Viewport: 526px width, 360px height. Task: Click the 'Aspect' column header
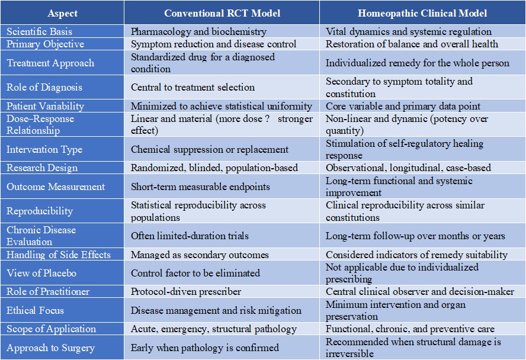tap(62, 13)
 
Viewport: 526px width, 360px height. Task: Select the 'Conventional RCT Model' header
tap(222, 13)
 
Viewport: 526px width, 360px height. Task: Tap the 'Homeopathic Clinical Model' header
tap(422, 13)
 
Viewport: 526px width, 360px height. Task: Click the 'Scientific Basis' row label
tap(39, 31)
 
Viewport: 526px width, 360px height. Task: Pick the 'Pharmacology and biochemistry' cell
tap(198, 31)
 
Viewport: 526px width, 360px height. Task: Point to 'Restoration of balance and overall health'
tap(412, 44)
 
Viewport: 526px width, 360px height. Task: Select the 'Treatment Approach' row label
tap(50, 63)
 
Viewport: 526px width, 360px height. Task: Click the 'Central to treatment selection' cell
tap(193, 87)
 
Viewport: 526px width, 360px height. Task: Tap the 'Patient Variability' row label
tap(45, 106)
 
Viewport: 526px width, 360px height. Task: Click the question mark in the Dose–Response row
tap(267, 118)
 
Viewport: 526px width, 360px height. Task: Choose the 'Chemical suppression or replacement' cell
tap(209, 149)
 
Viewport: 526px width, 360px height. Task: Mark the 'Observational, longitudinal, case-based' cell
tap(408, 168)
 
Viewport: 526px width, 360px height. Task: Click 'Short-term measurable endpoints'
tap(200, 187)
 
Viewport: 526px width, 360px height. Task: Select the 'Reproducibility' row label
tap(40, 211)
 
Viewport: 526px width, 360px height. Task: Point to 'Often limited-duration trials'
tap(190, 236)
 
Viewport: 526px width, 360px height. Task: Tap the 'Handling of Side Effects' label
tap(59, 255)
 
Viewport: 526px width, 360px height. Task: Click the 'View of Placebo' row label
tap(41, 273)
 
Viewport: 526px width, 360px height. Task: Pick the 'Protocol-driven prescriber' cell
tap(185, 291)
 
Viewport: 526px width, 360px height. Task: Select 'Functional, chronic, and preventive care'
tap(410, 329)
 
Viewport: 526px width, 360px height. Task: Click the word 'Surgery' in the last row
tap(78, 348)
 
